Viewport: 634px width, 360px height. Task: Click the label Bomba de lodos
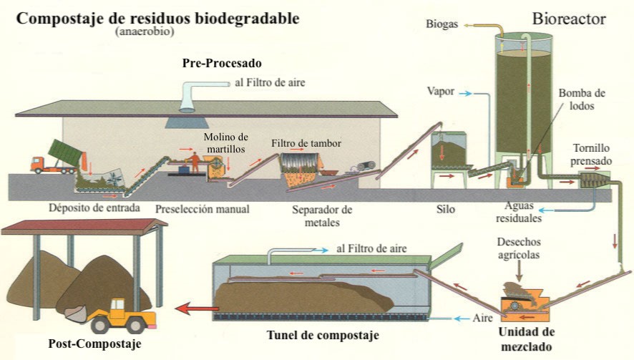tap(581, 101)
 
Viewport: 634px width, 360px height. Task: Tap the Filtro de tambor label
tap(306, 143)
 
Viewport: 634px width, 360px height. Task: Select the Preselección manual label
tap(203, 210)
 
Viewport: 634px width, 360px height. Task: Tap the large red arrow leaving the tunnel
tap(197, 309)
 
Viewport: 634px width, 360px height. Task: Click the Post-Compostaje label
tap(94, 344)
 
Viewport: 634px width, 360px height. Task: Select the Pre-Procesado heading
tap(221, 64)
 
